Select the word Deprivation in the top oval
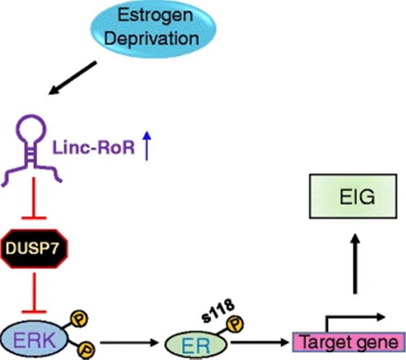[157, 39]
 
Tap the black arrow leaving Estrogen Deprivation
[74, 77]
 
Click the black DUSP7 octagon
[35, 248]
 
